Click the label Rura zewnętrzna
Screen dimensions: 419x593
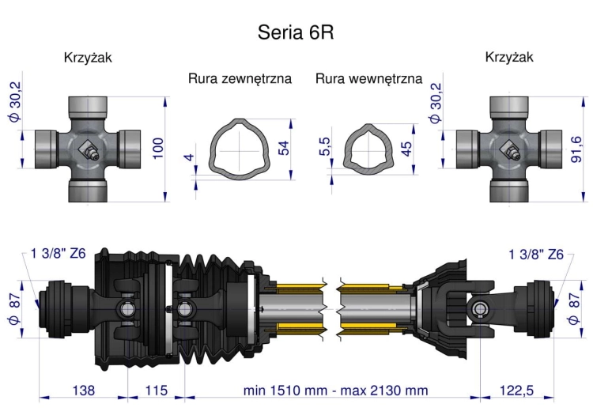(x=240, y=79)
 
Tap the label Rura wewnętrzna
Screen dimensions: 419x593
(x=368, y=79)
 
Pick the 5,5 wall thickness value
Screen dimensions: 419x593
(x=325, y=148)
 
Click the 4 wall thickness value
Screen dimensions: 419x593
(x=188, y=157)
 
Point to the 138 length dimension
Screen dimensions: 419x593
(x=83, y=391)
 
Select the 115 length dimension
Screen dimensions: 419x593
(x=156, y=391)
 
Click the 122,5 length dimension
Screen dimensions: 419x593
(x=515, y=391)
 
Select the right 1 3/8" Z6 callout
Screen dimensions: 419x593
(x=536, y=254)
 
